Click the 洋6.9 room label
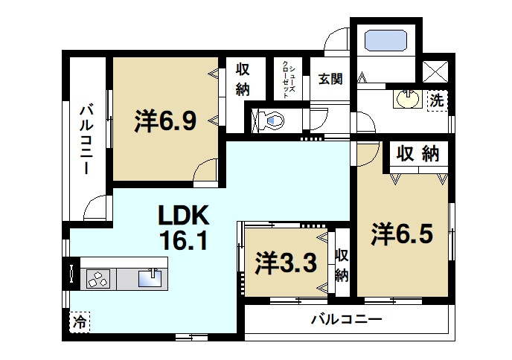[x=165, y=120]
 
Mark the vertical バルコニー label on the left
[x=86, y=139]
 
